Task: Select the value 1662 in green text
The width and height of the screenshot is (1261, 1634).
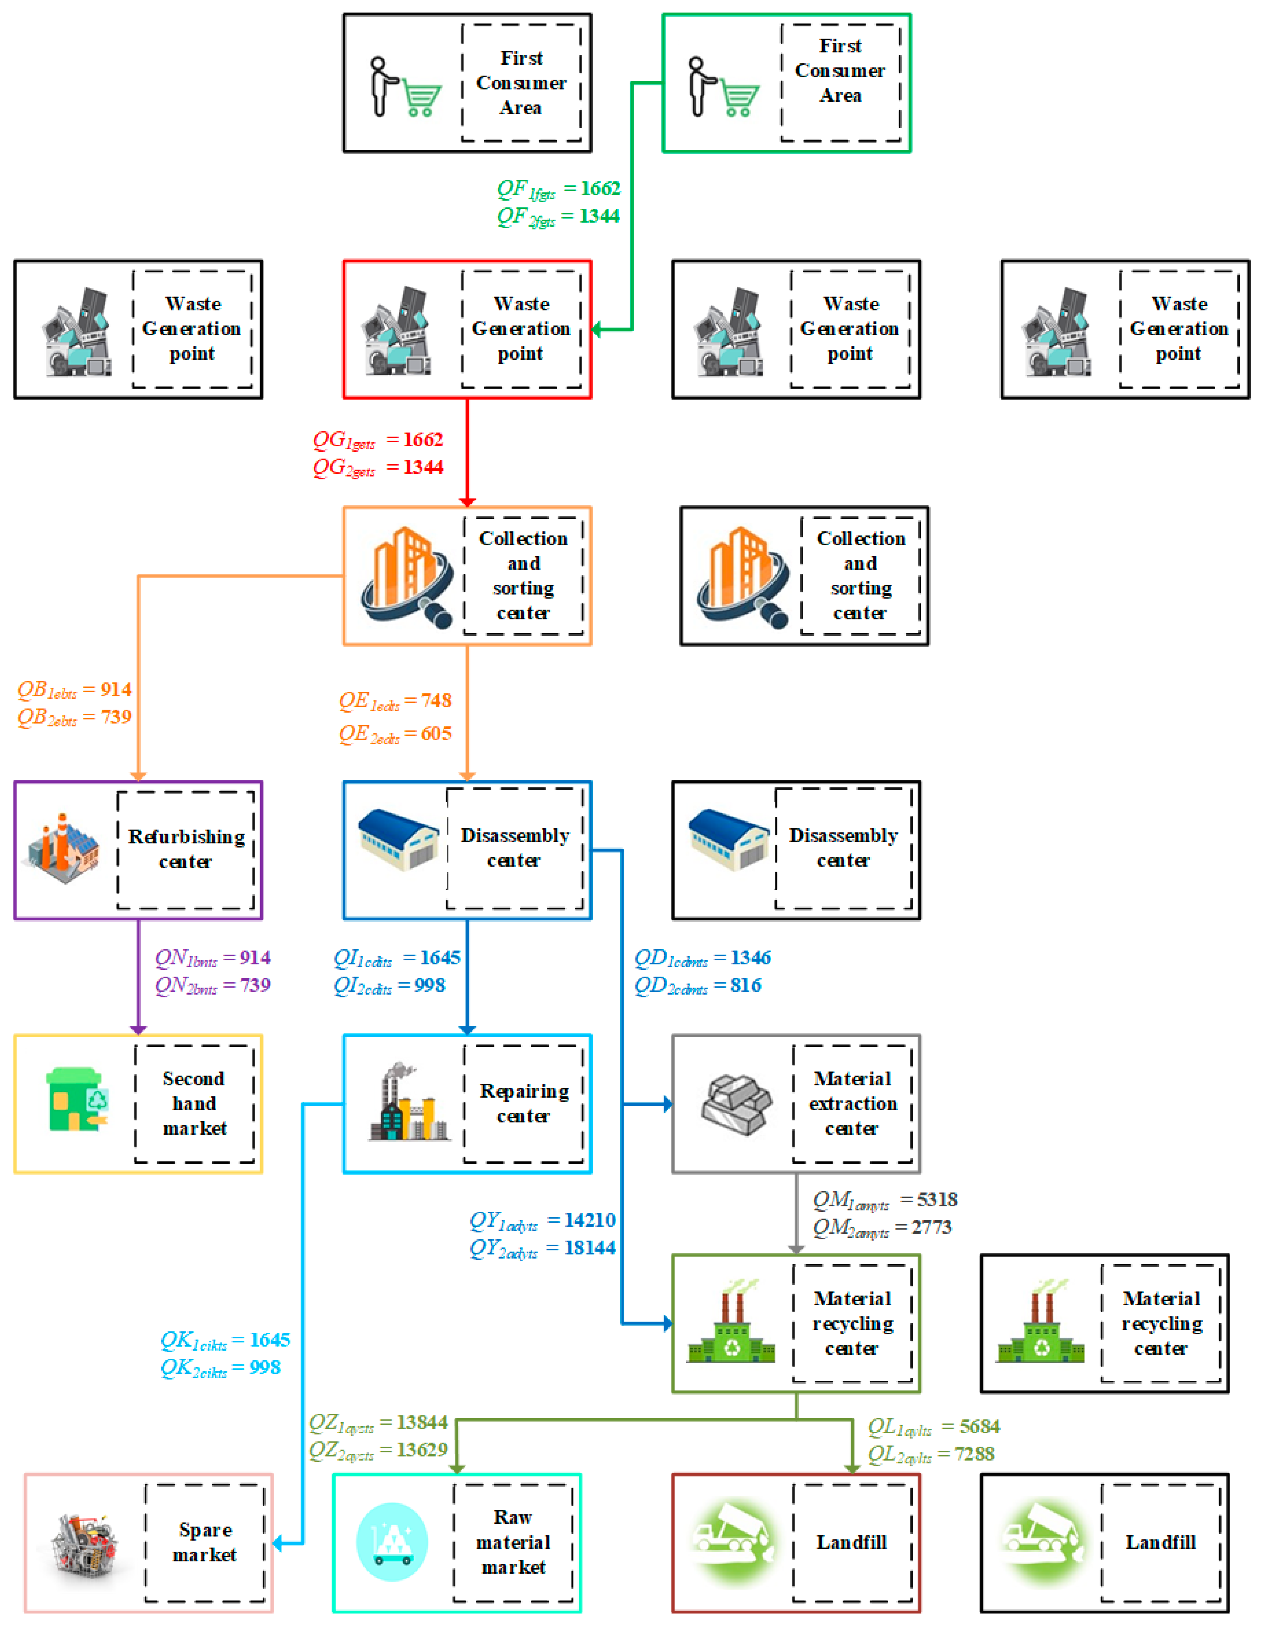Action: click(600, 188)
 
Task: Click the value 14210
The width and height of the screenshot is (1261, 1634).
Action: click(590, 1220)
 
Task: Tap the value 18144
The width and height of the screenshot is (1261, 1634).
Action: click(590, 1248)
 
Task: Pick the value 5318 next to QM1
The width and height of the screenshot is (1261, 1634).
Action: click(937, 1200)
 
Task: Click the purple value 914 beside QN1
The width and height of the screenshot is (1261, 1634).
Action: click(255, 958)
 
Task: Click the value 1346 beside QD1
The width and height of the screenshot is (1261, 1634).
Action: click(751, 958)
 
